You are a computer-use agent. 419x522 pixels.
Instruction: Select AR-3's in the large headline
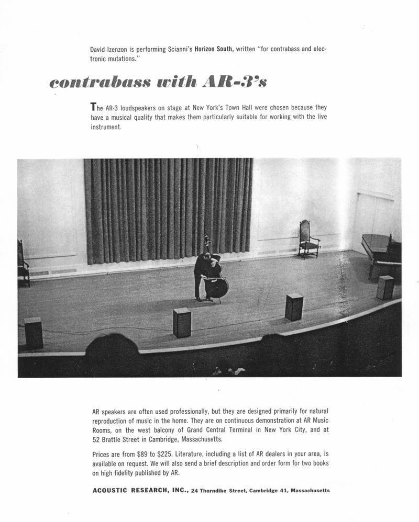tap(231, 82)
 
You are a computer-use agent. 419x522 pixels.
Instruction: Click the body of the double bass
tap(217, 286)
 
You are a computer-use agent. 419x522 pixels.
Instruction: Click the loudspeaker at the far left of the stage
tap(34, 333)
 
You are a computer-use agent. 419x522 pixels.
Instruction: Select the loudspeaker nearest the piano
tap(385, 287)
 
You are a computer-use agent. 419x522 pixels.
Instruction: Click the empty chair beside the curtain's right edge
tap(308, 239)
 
